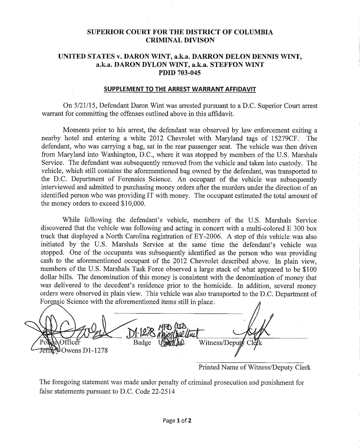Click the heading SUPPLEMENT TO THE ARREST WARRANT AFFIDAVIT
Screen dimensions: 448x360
tap(180, 87)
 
